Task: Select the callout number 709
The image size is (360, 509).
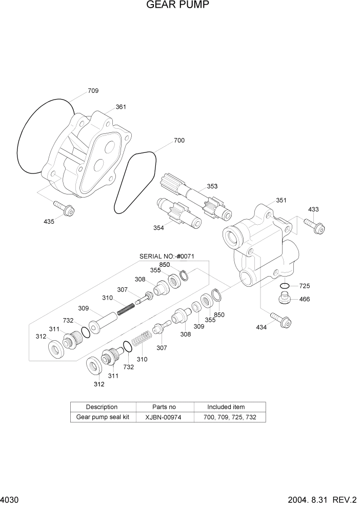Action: [x=93, y=91]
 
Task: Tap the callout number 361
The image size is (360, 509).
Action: [x=121, y=107]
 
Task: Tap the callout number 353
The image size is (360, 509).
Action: [x=212, y=186]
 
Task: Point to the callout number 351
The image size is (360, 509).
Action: [x=281, y=200]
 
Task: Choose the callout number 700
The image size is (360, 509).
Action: [x=179, y=140]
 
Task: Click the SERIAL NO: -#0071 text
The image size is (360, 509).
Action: [x=167, y=256]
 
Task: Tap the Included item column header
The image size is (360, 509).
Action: [x=226, y=407]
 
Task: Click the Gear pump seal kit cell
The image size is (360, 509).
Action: [x=102, y=417]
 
